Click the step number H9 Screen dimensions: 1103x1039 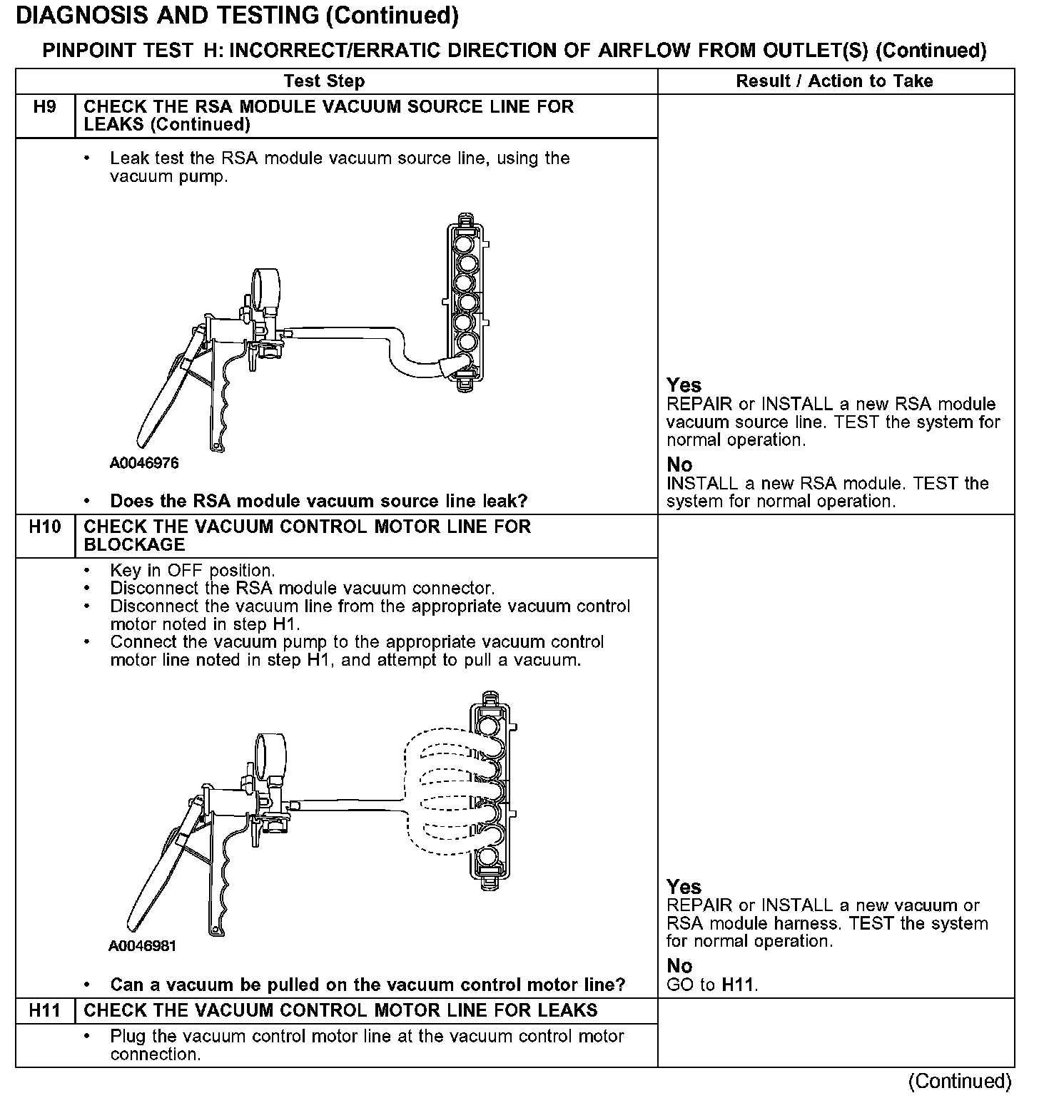[x=44, y=108]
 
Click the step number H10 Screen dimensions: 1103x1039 [x=44, y=527]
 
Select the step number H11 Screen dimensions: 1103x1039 [x=44, y=1010]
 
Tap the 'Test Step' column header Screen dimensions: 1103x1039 [x=324, y=81]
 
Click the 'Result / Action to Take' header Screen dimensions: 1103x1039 [x=834, y=81]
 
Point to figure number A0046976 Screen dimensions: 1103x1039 [x=144, y=463]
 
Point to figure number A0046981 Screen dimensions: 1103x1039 [x=143, y=946]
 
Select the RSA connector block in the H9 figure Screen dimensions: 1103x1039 [x=467, y=303]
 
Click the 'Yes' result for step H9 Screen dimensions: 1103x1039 [x=684, y=386]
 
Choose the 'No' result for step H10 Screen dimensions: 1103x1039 [x=679, y=966]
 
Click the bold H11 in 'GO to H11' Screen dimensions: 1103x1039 [x=739, y=985]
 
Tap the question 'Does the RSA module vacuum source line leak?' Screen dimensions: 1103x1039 [x=318, y=501]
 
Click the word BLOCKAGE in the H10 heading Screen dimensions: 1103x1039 [x=134, y=544]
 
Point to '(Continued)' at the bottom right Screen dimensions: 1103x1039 [x=960, y=1082]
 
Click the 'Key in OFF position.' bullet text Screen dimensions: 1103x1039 [x=192, y=571]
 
